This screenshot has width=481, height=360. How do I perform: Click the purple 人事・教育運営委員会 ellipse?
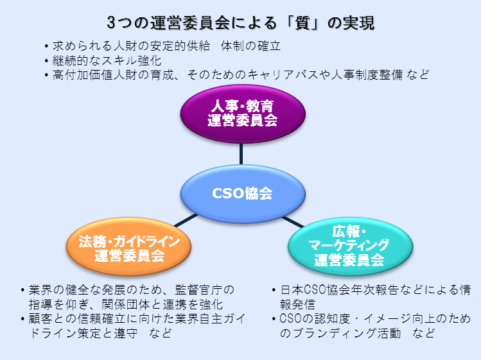point(243,114)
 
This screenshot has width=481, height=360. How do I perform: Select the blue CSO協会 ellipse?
point(243,194)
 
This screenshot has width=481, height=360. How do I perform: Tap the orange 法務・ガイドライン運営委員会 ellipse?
point(129,247)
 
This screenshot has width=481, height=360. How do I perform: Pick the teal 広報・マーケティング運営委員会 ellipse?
point(350,247)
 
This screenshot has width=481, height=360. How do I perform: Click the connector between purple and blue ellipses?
point(241,154)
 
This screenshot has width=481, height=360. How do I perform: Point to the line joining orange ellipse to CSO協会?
point(186,221)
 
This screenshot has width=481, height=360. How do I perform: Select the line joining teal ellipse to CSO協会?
point(293,222)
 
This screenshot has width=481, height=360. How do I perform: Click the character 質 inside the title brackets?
point(302,23)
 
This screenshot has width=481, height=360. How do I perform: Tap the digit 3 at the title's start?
point(111,23)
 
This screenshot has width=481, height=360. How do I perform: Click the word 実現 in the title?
point(358,23)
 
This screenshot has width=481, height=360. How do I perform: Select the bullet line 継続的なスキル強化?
point(107,60)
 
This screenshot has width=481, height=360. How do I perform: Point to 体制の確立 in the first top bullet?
point(250,46)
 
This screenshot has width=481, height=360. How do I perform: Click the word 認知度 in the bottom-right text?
point(333,319)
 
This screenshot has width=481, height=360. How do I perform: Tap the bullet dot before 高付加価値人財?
point(46,75)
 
